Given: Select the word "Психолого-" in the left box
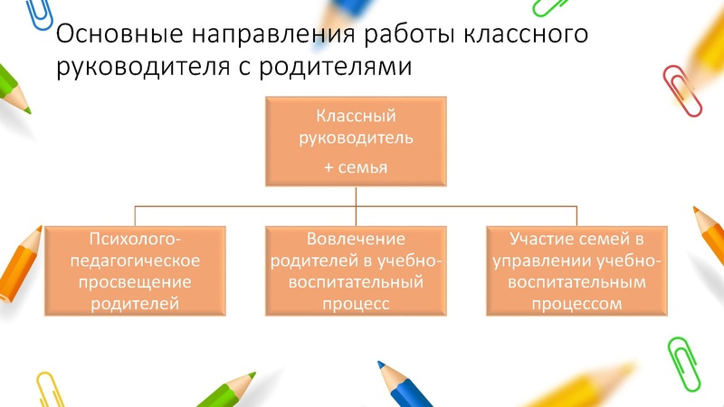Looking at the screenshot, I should (x=135, y=239).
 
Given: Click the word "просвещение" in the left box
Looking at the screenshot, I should (x=135, y=282).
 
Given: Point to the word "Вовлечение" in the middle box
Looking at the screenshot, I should (x=355, y=239).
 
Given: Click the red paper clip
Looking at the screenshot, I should (x=682, y=90).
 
